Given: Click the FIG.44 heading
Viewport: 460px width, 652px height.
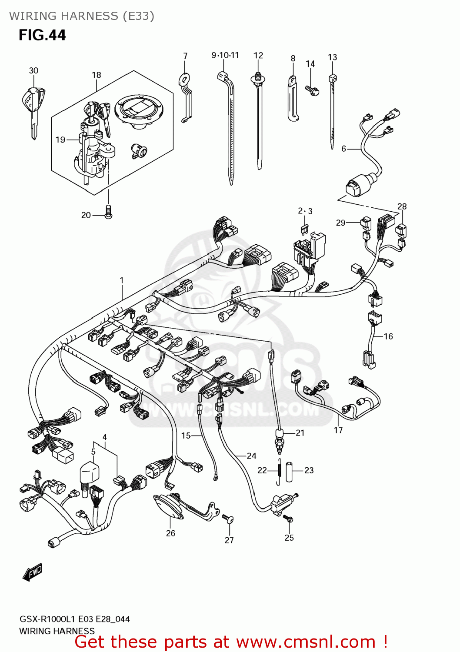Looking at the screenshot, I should point(42,35).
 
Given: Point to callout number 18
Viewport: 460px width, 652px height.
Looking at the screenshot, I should point(96,75).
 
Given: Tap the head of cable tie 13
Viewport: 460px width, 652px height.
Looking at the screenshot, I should point(333,79).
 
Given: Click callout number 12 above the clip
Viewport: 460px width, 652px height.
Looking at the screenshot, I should point(258,56).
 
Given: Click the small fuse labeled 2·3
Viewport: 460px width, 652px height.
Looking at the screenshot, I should point(305,228).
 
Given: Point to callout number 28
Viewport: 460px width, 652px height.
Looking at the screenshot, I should point(402,206).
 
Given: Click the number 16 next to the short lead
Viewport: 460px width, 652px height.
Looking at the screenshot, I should point(388,336).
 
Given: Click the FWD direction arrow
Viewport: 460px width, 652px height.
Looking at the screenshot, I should point(33,572).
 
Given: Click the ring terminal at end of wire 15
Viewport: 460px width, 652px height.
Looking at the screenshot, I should point(215,479).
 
